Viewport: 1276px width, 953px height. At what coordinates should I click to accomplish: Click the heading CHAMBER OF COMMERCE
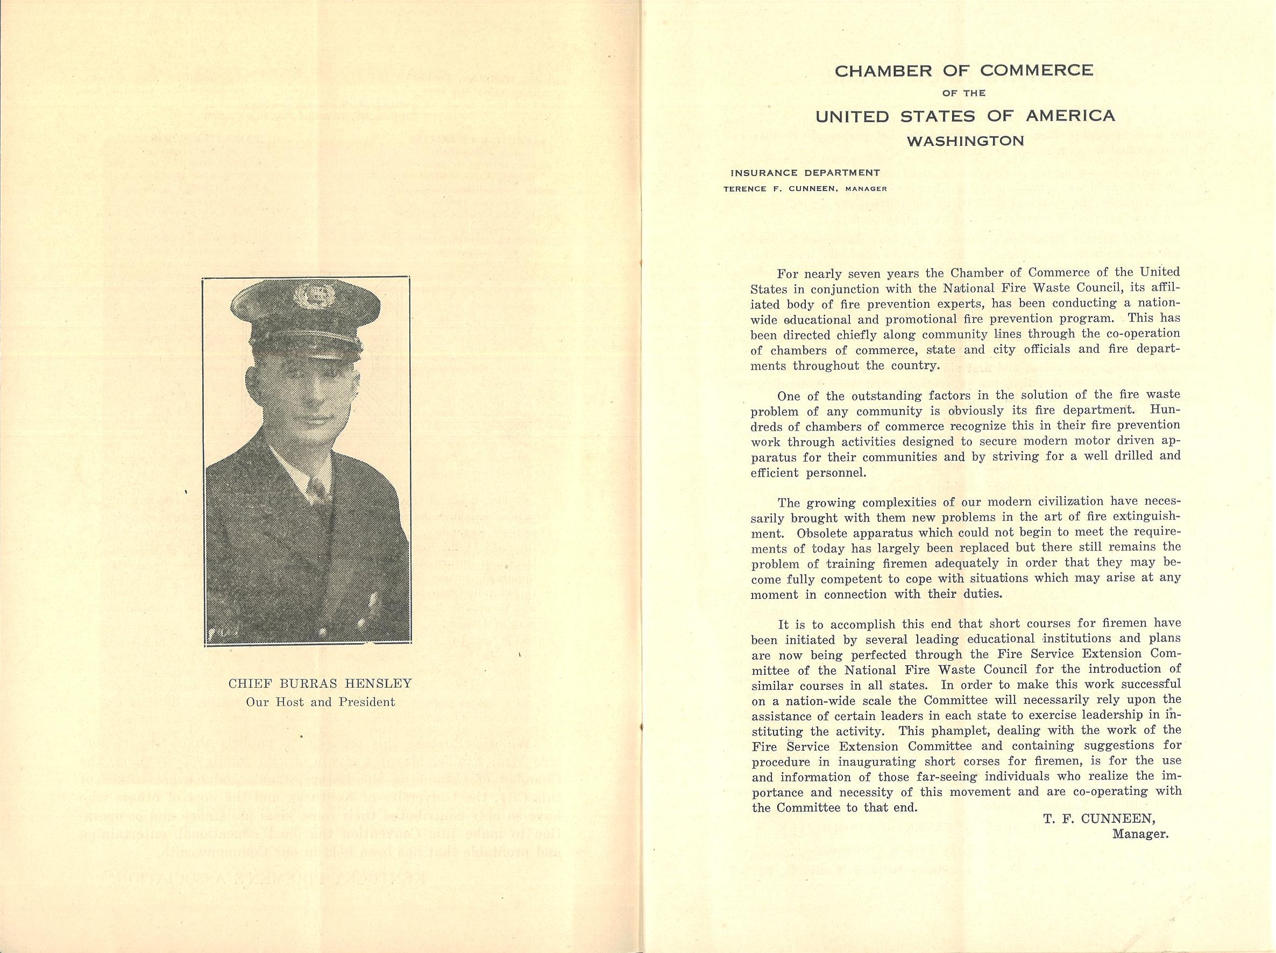coord(963,71)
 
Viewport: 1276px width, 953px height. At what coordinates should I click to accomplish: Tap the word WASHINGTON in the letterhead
coord(964,141)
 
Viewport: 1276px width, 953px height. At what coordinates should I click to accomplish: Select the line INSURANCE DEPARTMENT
coord(805,173)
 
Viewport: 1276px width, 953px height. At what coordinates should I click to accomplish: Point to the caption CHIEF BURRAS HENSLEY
coord(320,683)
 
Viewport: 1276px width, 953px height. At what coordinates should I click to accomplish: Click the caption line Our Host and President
coord(320,702)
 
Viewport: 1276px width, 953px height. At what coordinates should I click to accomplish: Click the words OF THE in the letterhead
coord(963,93)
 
